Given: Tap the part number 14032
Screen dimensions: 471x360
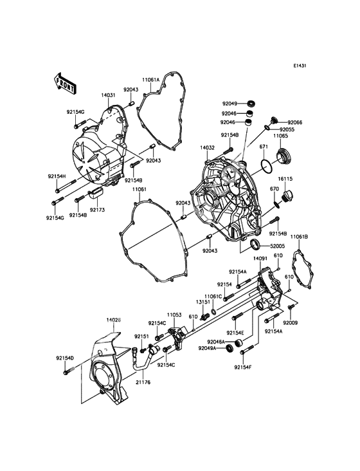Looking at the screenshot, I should coord(206,147).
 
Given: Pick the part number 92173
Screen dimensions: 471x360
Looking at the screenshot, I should coord(97,210).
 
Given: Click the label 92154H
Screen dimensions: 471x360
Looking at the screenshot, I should coord(56,176).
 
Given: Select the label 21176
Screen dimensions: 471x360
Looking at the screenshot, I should coord(143,382).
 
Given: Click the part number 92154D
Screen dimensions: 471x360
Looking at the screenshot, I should coord(64,358).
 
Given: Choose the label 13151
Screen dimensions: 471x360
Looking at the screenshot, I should coord(203,300).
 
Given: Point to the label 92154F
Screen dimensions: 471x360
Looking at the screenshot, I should coord(243,367).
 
